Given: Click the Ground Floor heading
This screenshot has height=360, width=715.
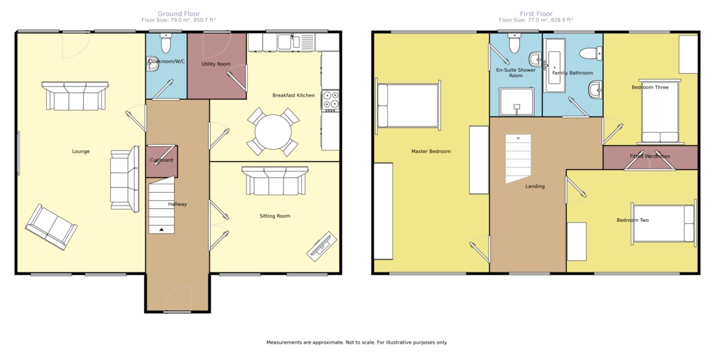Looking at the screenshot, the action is [x=179, y=14].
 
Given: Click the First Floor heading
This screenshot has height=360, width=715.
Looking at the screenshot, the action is [x=536, y=14].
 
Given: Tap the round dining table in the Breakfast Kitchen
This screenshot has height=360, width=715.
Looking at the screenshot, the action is [x=273, y=132].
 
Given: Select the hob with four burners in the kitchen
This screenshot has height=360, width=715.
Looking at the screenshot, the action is [x=331, y=101].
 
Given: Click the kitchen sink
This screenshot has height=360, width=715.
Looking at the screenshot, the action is [x=289, y=42].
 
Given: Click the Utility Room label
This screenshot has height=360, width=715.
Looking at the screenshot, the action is [x=216, y=64].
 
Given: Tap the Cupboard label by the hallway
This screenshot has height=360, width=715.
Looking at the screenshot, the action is [x=162, y=160].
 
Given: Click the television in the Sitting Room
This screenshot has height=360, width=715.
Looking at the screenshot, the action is [x=322, y=247].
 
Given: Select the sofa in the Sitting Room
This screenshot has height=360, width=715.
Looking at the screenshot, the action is [x=275, y=180].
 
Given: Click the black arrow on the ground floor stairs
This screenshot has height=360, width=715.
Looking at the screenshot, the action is [x=162, y=230].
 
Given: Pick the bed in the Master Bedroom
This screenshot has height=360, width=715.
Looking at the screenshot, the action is [x=408, y=106].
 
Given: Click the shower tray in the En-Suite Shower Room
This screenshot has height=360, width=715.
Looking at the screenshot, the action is [x=516, y=102].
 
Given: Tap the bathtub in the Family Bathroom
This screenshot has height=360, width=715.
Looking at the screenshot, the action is [x=555, y=67].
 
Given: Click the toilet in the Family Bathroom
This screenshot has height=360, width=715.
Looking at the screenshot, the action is [x=591, y=53].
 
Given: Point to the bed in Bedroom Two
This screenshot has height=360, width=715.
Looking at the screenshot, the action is [x=664, y=223].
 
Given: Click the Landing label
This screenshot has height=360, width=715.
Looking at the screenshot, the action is [x=535, y=186].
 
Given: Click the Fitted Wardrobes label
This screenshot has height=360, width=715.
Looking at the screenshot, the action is [x=649, y=156].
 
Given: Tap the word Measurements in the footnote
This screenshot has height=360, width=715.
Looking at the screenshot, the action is [x=284, y=342].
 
